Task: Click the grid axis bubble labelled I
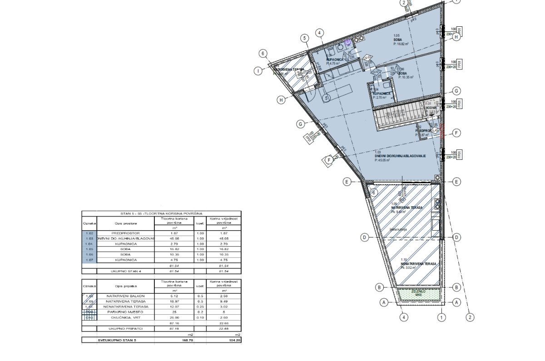[x=258, y=70]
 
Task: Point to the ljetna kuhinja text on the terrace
[x=398, y=229]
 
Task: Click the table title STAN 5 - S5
[x=161, y=213]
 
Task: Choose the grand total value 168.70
[x=174, y=340]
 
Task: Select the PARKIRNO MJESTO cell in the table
[x=125, y=312]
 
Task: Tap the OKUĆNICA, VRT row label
[x=125, y=317]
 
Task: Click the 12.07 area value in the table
[x=174, y=307]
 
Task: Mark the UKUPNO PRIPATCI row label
[x=125, y=328]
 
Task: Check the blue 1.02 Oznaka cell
[x=89, y=233]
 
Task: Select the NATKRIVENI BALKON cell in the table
[x=125, y=296]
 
